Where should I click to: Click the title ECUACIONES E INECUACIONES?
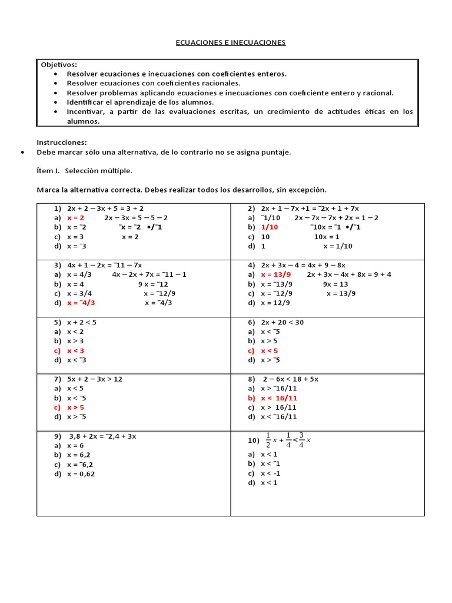[231, 43]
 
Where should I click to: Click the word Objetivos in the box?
[59, 64]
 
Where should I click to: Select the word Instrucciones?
[62, 142]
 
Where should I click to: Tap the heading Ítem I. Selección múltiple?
[85, 171]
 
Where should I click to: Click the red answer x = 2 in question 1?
[76, 217]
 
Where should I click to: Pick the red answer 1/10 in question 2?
[270, 227]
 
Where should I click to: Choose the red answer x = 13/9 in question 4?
[276, 274]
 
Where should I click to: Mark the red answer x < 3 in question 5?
[76, 350]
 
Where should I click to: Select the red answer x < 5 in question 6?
[270, 350]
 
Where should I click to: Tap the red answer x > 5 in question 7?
[76, 407]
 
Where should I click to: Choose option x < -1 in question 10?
[270, 473]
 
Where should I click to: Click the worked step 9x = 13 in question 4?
[335, 284]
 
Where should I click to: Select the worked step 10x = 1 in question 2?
[327, 236]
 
